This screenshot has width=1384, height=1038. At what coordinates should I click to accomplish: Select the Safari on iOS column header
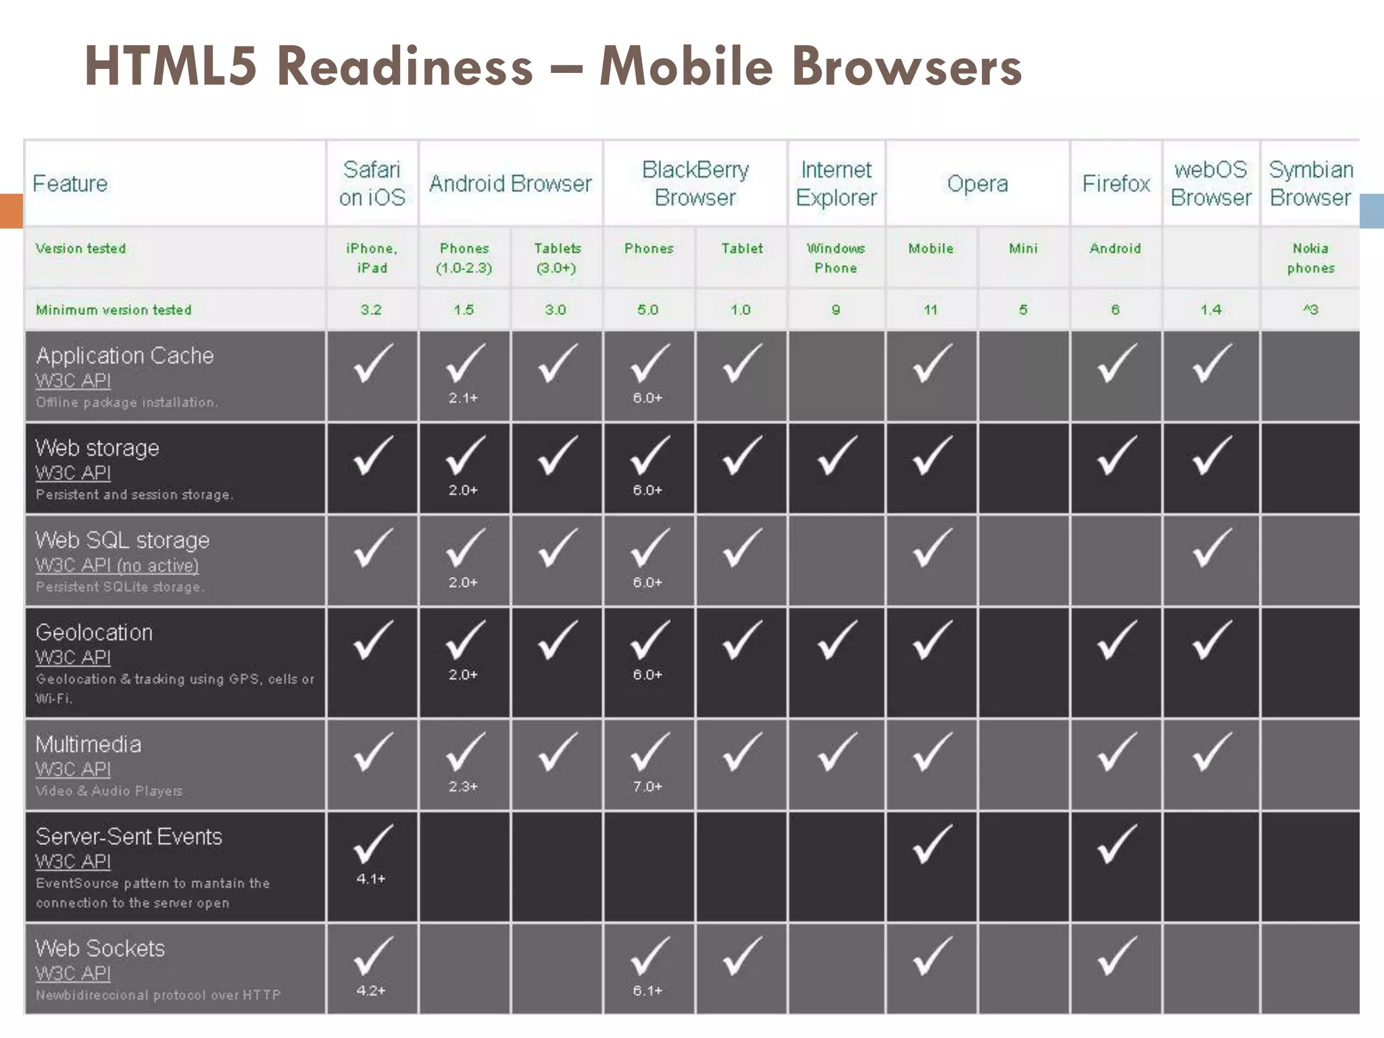[x=372, y=183]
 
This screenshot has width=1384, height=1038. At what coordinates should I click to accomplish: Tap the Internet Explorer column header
[x=836, y=183]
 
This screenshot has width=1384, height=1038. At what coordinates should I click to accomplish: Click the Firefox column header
[x=1116, y=183]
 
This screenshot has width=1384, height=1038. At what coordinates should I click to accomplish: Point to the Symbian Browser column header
[x=1310, y=183]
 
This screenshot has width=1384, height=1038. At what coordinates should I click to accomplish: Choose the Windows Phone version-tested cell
[x=836, y=258]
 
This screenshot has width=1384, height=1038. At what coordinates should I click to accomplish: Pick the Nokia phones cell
[x=1310, y=258]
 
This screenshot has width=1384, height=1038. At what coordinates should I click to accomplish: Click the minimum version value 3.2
[x=371, y=310]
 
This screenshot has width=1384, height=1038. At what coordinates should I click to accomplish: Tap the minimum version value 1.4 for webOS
[x=1210, y=310]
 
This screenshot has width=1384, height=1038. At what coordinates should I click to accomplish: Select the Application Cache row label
[x=125, y=355]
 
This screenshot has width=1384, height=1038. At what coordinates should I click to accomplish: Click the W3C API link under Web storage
[x=73, y=473]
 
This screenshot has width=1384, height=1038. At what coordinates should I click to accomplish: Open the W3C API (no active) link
[x=117, y=565]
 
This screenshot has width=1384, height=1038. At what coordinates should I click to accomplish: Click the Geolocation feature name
[x=94, y=633]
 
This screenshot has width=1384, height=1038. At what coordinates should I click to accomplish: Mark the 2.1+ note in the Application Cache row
[x=463, y=398]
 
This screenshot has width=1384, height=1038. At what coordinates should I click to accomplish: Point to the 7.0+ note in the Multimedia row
[x=647, y=787]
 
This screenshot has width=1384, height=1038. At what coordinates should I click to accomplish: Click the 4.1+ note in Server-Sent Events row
[x=371, y=879]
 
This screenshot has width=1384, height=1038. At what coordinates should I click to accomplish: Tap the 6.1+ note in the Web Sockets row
[x=647, y=991]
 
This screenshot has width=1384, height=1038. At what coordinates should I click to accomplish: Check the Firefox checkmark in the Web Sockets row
[x=1116, y=956]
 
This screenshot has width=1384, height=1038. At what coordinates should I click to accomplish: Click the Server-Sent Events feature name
[x=128, y=837]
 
